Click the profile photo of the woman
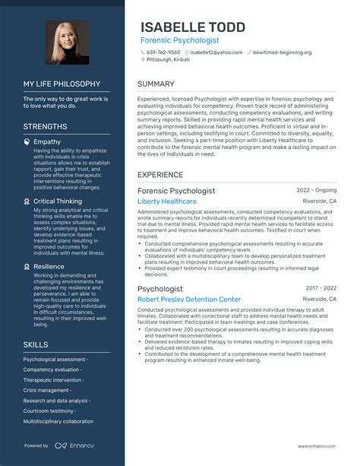(x=67, y=42)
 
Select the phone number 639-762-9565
(x=164, y=52)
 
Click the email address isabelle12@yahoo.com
(x=216, y=52)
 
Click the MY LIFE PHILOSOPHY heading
(x=61, y=84)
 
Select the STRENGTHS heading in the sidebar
(x=45, y=126)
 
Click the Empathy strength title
(x=47, y=141)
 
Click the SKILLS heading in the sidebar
(x=36, y=344)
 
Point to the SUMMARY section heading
(x=157, y=84)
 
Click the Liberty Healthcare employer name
(x=167, y=201)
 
